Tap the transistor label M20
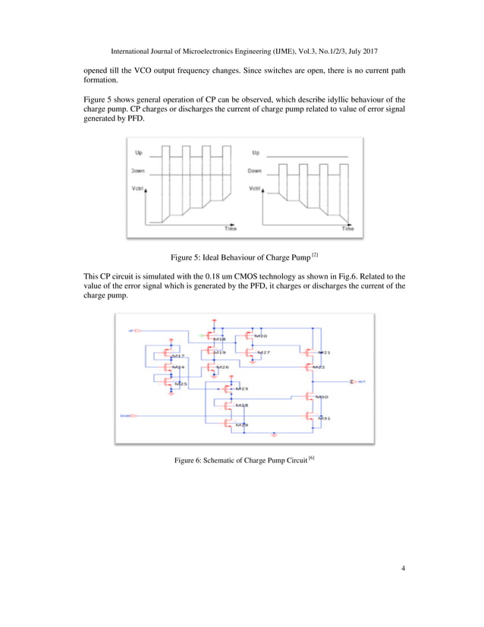(260, 335)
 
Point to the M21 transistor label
(324, 353)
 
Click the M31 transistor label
(324, 418)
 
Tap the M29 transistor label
(240, 425)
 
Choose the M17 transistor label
(178, 355)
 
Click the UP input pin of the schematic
(134, 331)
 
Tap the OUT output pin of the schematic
(358, 381)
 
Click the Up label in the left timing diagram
(138, 153)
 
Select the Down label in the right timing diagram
(255, 171)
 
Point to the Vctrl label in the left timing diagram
(139, 189)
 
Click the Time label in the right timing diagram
(347, 228)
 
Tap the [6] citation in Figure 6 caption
(310, 458)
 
